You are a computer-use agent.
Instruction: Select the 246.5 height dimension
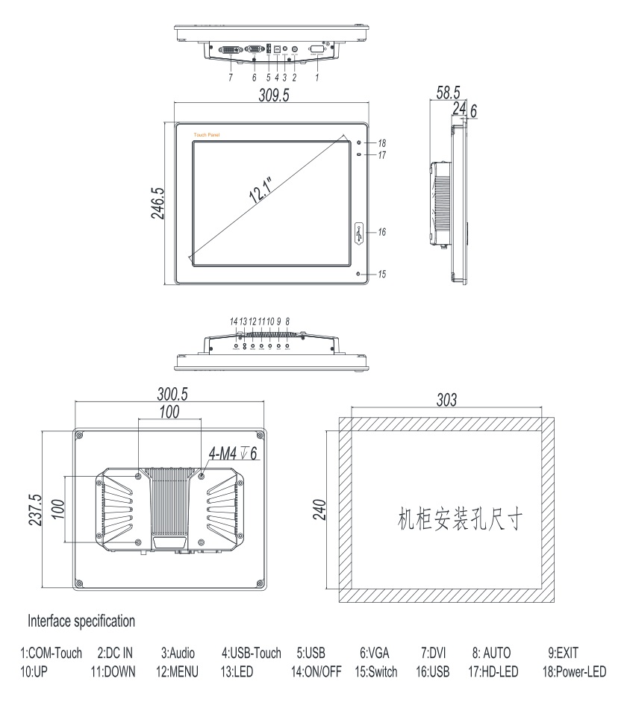157,203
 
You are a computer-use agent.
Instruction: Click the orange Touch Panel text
207,134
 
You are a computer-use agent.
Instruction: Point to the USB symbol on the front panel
358,233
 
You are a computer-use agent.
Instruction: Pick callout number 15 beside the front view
382,275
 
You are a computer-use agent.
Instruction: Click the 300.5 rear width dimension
172,393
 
